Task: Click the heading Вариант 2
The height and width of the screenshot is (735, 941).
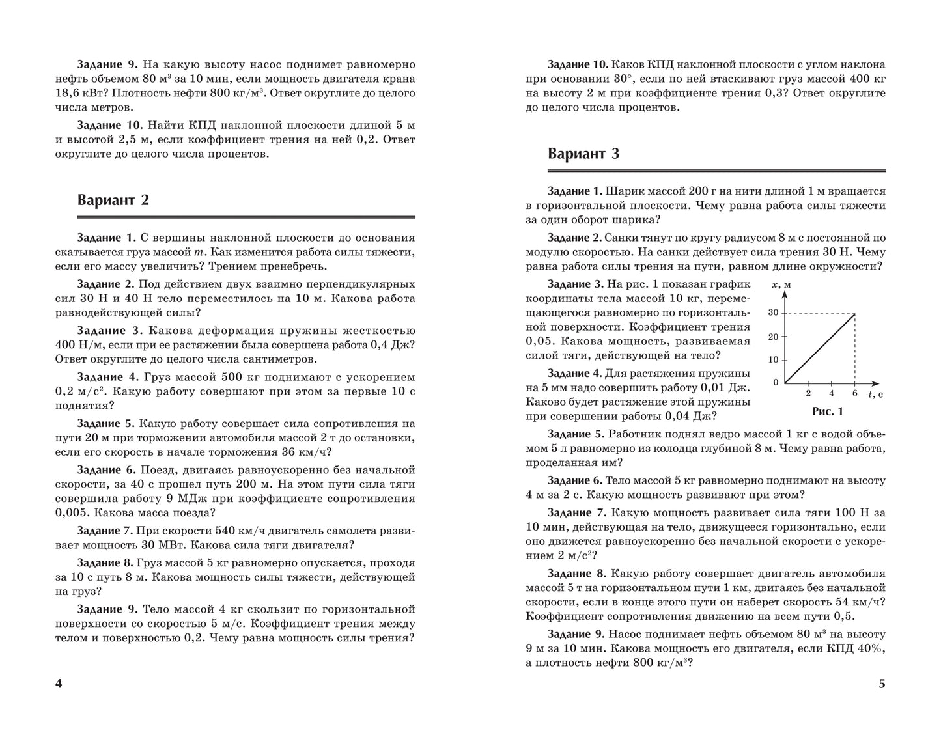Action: pos(113,200)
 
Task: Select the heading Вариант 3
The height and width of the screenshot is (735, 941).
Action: pos(583,154)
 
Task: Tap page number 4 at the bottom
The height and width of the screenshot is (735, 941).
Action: pos(59,684)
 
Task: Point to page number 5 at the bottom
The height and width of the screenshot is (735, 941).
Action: pos(882,684)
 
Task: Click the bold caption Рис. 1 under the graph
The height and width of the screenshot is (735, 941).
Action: pos(827,411)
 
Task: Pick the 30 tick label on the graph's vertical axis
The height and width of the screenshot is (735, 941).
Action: pos(773,312)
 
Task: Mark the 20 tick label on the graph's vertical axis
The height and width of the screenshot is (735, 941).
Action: pos(773,337)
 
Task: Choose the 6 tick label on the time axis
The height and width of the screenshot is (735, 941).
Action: pos(854,393)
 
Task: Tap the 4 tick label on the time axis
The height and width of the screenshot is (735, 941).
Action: pos(831,393)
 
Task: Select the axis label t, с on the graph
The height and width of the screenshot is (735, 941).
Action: pos(875,394)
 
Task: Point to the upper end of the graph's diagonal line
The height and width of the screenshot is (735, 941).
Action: pos(854,314)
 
